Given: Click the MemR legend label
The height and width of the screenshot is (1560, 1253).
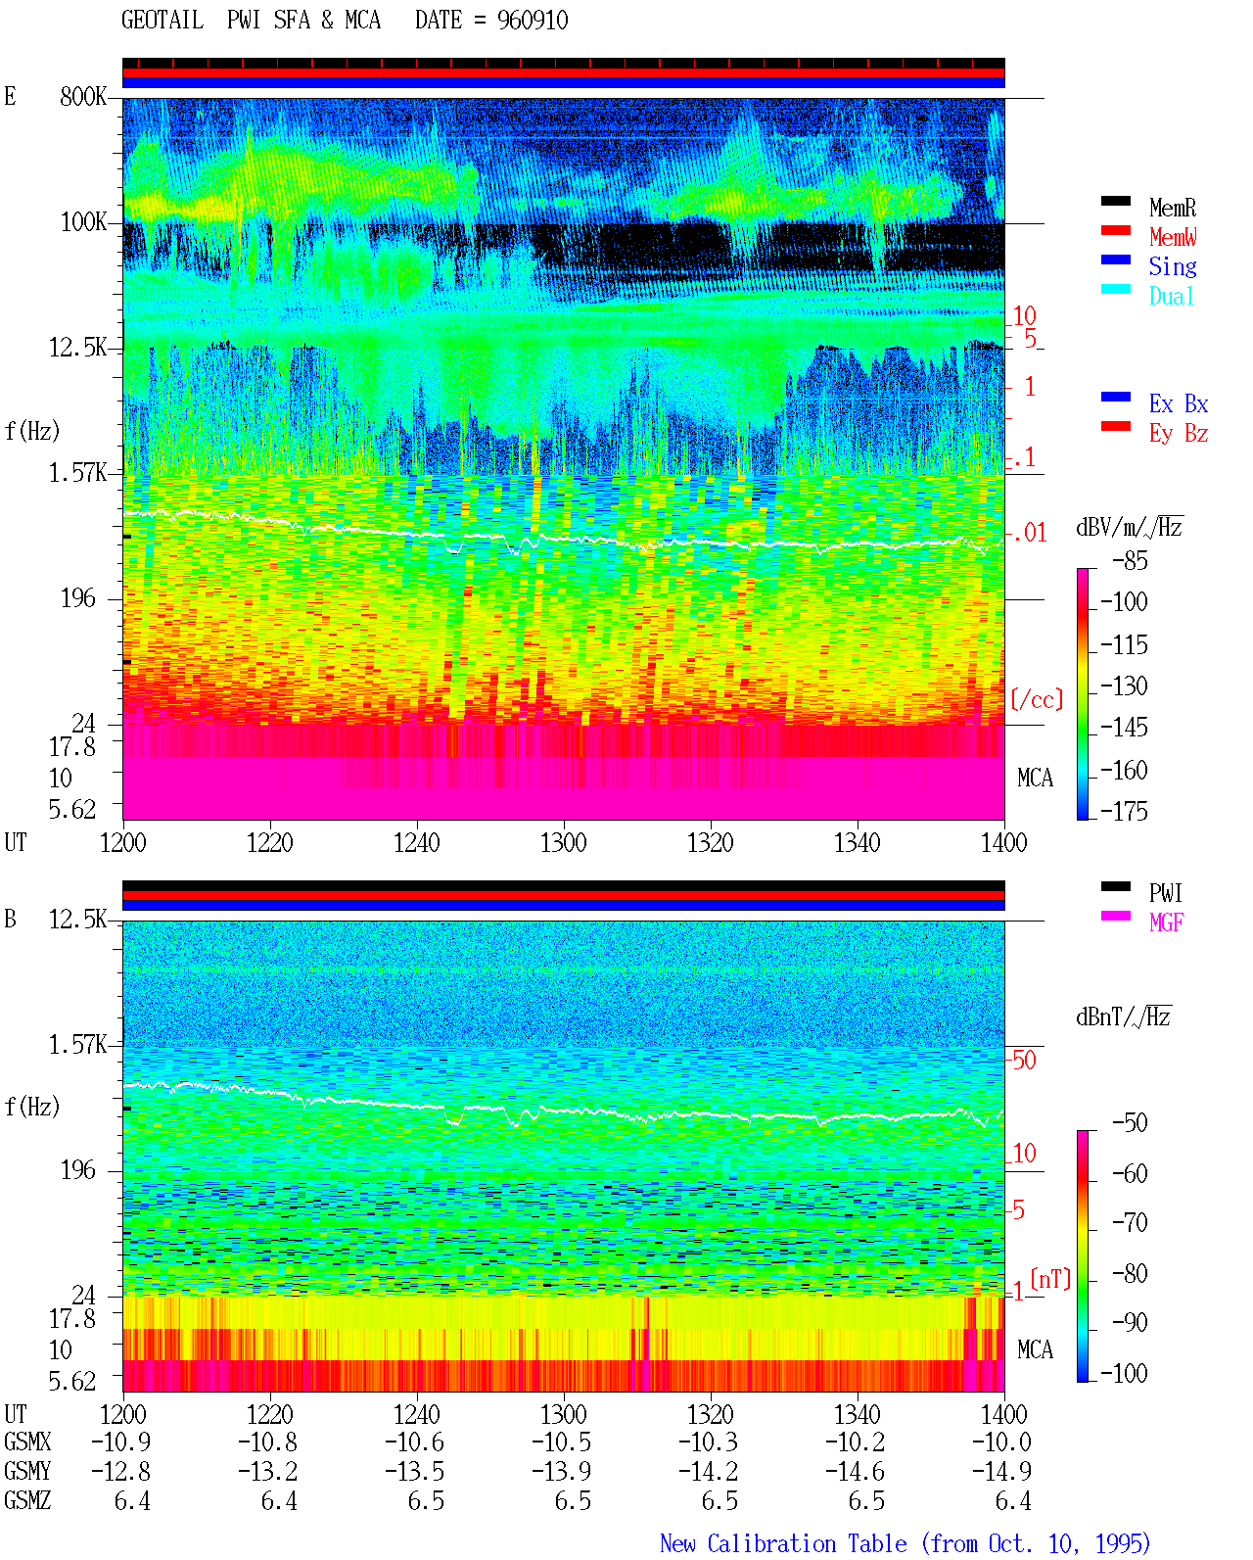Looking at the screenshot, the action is coord(1172,208).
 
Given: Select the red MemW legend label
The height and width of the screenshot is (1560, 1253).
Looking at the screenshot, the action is coord(1172,237).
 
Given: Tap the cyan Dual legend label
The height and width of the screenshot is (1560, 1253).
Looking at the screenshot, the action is coord(1171,296).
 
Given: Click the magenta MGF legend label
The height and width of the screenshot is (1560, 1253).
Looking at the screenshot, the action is coord(1166,922).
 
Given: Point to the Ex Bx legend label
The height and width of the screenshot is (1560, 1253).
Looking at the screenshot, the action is coord(1179,403).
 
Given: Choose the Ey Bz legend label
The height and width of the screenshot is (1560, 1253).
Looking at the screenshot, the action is coord(1179,434).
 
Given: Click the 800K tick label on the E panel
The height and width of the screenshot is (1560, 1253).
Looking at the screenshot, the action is coord(83,96).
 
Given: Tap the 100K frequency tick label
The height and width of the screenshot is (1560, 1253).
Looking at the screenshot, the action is coord(83,222).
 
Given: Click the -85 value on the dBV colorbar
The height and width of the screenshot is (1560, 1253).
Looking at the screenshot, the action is coord(1130,560).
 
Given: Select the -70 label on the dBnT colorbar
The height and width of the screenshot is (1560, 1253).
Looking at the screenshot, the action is coord(1130,1223).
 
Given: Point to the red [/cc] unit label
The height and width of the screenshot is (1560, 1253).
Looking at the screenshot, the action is coord(1037,699).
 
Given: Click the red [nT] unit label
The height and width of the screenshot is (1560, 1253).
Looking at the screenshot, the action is coord(1050,1279).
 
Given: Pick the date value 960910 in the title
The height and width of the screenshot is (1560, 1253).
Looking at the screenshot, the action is coord(533,21).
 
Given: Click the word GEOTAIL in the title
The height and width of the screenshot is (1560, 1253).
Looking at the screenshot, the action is coord(162,21).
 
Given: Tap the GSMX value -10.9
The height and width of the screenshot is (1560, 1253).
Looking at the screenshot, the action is coord(121,1442).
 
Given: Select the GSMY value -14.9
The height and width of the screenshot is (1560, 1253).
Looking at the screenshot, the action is coord(1001,1471).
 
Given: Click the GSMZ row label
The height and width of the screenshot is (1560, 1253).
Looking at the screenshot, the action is coord(27,1500).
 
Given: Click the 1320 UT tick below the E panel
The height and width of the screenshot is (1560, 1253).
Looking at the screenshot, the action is coord(711,843).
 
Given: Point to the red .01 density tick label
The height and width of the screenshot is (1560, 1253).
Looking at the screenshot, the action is coord(1030,534).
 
